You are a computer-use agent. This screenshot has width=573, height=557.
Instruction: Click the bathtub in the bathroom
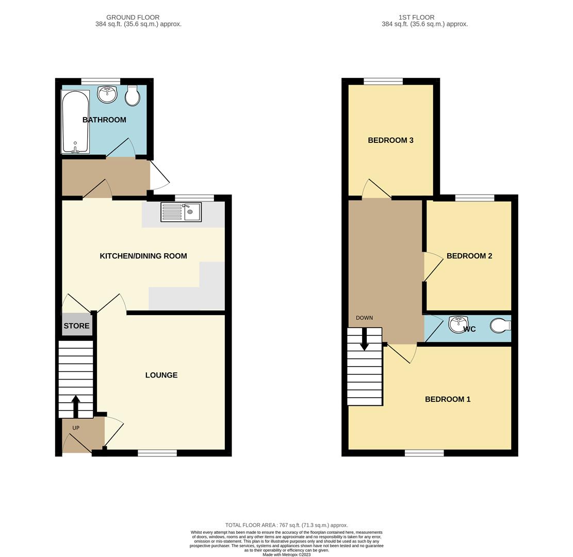pos(75,122)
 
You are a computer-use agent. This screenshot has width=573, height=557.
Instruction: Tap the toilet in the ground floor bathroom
pos(133,96)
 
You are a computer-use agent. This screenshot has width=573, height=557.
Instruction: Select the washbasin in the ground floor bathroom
pos(107,94)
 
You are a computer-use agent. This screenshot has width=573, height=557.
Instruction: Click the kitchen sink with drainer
pos(181,212)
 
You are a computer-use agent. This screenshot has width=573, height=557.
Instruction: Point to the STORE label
pos(76,326)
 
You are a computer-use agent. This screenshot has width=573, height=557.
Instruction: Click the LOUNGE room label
pos(161,375)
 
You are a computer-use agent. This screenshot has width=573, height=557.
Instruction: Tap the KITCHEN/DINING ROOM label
pos(143,256)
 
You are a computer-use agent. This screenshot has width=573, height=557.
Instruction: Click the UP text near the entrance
pos(76,428)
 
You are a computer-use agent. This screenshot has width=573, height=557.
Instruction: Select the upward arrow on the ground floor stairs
pos(76,406)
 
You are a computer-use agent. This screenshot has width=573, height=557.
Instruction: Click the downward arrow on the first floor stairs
pos(364,340)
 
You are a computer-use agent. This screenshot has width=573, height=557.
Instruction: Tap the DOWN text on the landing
pos(364,318)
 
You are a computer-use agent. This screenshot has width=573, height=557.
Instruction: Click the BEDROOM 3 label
pos(390,140)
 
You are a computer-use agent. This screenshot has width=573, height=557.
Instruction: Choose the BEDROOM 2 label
pos(469,256)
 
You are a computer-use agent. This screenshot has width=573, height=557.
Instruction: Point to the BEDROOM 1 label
pos(447,399)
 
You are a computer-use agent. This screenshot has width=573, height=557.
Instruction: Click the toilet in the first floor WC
pos(500,326)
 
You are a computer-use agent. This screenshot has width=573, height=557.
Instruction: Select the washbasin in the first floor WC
pos(457,325)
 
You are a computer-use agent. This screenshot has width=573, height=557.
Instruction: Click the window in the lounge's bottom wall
pos(157,453)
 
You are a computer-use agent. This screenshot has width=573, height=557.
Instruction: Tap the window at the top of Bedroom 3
pos(383,81)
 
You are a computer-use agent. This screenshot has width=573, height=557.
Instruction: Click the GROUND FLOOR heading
pos(133,18)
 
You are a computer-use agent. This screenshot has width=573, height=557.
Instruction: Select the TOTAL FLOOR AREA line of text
pos(286,525)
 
